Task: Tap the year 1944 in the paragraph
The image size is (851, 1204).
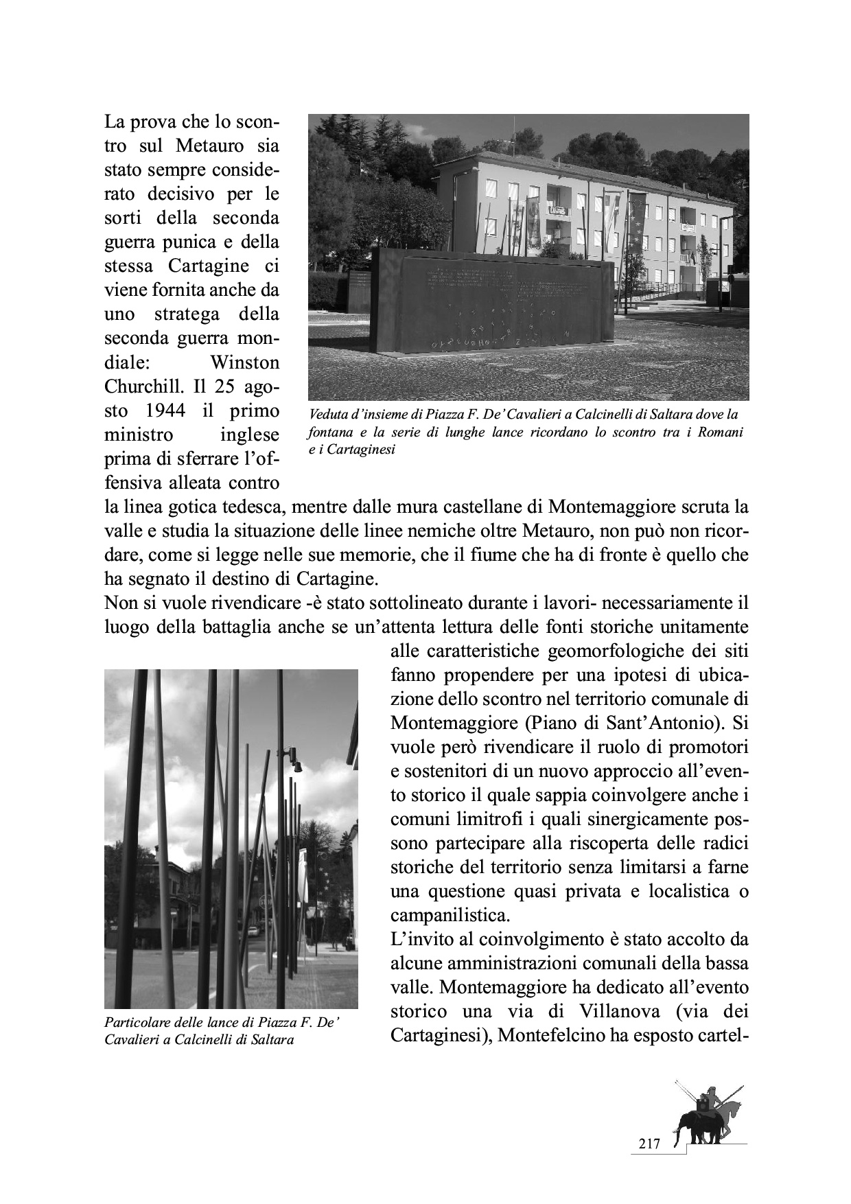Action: coord(165,410)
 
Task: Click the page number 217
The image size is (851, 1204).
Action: coord(649,1144)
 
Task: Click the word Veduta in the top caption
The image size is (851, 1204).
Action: coord(328,415)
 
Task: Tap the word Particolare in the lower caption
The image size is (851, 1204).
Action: coord(136,1023)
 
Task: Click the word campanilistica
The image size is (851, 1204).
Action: coord(450,915)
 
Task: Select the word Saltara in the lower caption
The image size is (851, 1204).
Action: coord(272,1039)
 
